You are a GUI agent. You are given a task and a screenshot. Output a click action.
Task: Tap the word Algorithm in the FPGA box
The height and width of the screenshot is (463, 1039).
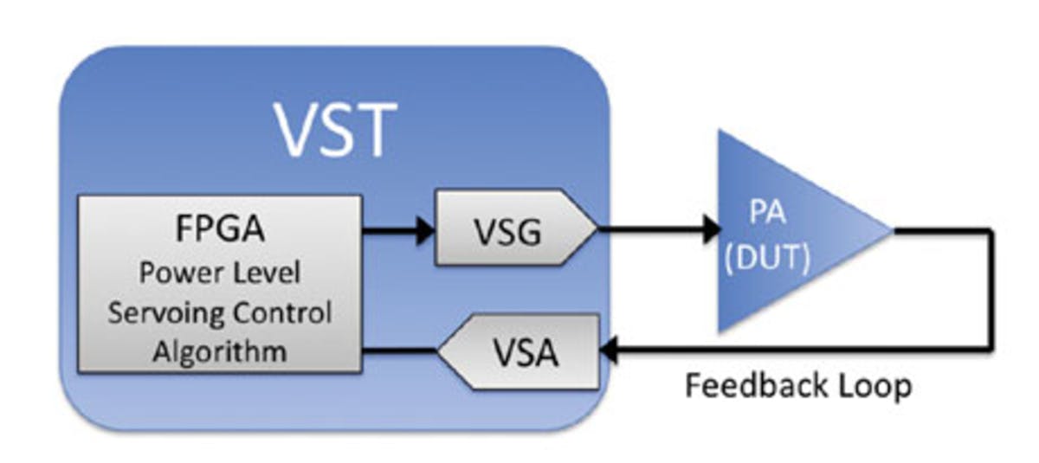tap(219, 351)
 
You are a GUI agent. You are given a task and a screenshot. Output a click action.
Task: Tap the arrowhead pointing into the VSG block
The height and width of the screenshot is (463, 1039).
tap(423, 230)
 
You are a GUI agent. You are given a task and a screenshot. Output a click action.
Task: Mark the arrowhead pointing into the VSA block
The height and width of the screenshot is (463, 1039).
tap(609, 350)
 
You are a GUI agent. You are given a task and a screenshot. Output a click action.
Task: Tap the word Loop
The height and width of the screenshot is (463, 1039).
tap(869, 386)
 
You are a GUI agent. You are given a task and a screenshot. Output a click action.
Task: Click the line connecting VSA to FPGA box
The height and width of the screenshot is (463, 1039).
tap(398, 350)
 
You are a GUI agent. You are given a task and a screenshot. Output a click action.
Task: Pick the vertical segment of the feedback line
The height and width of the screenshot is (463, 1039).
tap(990, 290)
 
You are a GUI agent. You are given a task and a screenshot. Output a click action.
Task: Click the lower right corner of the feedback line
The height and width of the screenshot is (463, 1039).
tap(990, 350)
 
